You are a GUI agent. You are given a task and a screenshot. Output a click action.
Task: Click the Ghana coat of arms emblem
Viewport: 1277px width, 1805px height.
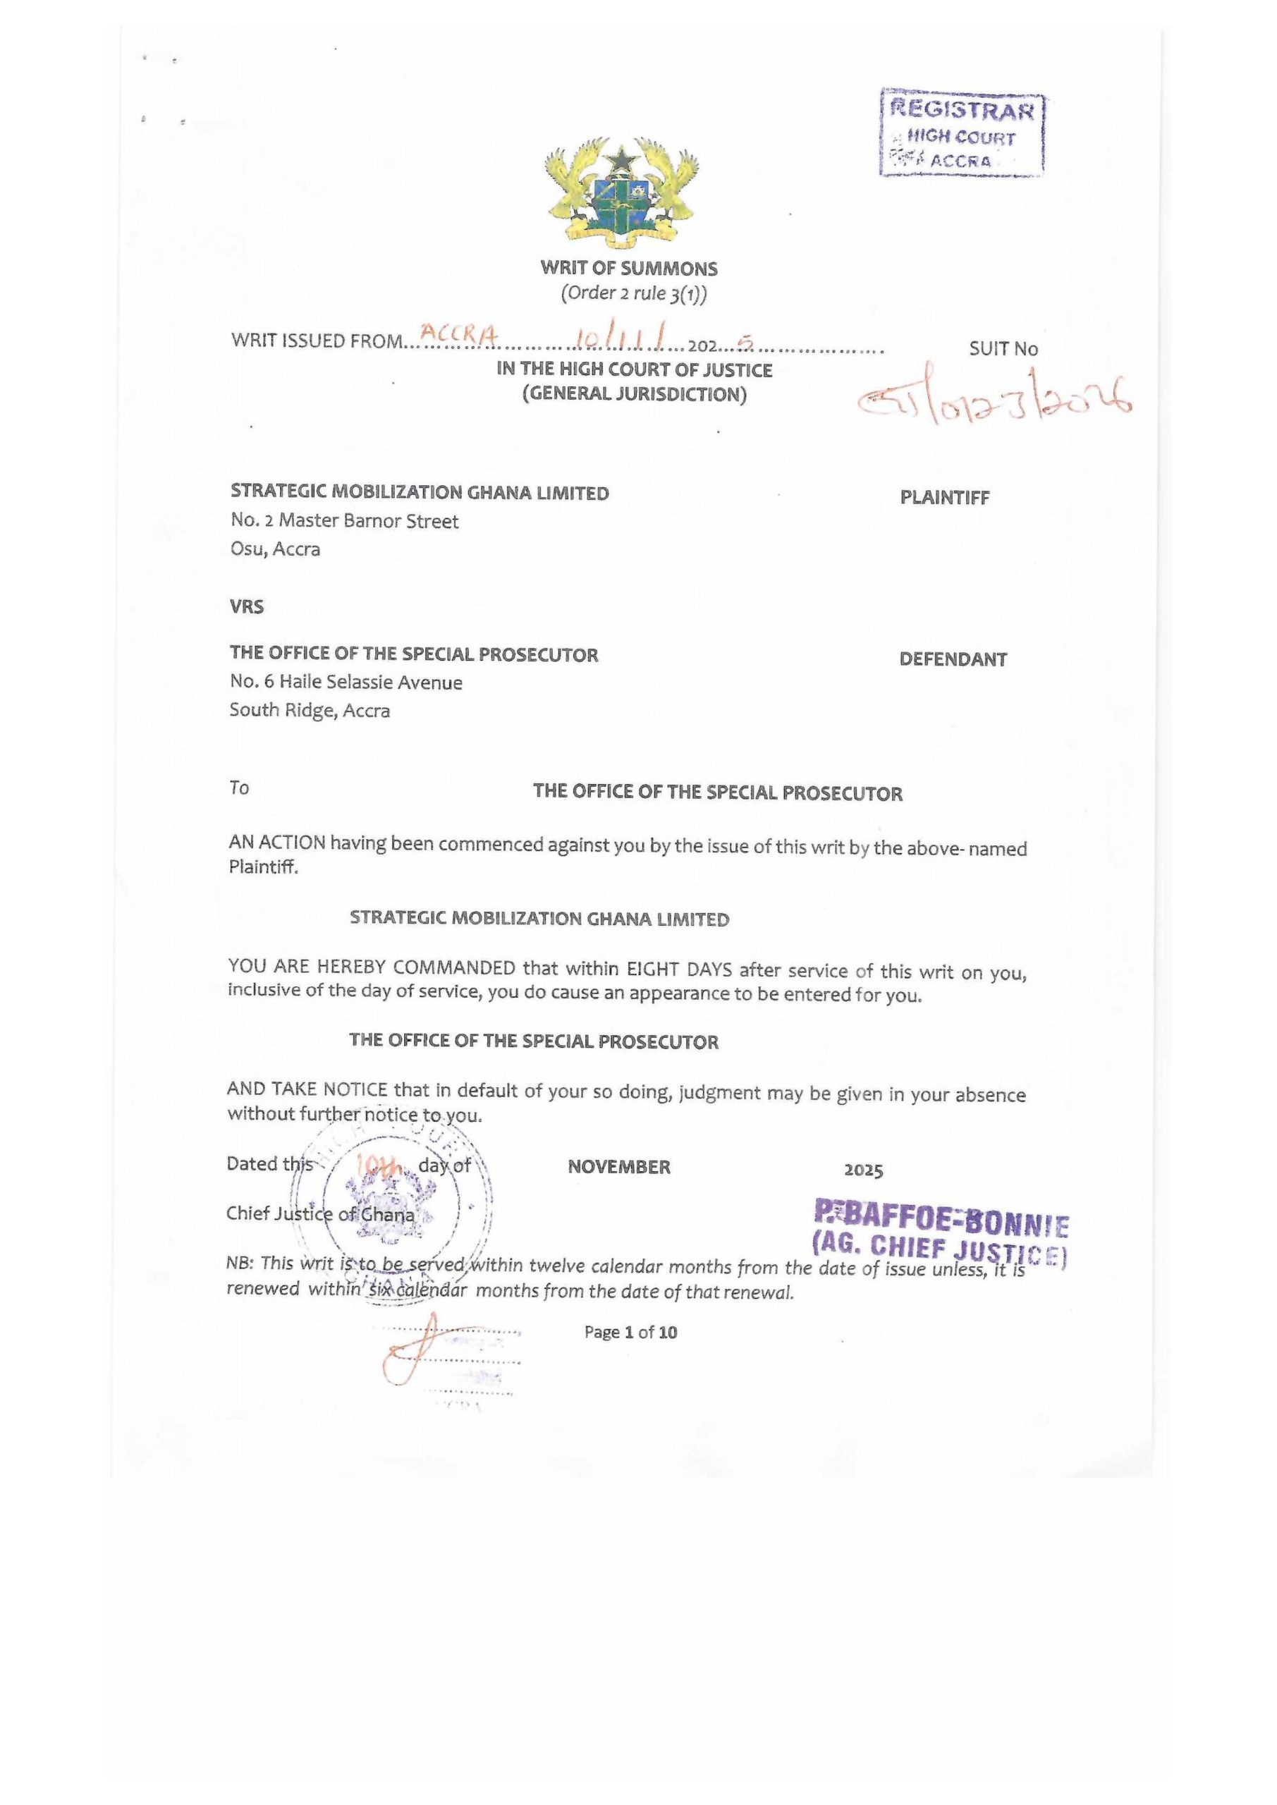pyautogui.click(x=622, y=191)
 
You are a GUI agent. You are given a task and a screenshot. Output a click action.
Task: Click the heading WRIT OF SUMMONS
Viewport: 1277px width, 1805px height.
pyautogui.click(x=629, y=269)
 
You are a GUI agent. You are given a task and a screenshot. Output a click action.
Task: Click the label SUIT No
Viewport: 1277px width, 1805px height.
pyautogui.click(x=1003, y=349)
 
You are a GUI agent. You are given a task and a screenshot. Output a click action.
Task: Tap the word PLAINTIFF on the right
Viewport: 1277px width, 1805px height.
pyautogui.click(x=944, y=498)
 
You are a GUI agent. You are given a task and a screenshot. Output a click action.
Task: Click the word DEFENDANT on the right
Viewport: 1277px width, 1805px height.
pyautogui.click(x=953, y=659)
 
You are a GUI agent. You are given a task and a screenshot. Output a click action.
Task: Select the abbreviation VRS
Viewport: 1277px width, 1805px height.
pyautogui.click(x=247, y=607)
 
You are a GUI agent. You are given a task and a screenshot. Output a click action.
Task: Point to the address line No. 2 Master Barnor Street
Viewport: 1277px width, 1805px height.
pyautogui.click(x=344, y=521)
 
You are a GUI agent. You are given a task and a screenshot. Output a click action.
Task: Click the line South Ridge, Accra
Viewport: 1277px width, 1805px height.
pyautogui.click(x=310, y=711)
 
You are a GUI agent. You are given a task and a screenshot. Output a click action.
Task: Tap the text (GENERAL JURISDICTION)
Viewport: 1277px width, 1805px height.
pyautogui.click(x=635, y=394)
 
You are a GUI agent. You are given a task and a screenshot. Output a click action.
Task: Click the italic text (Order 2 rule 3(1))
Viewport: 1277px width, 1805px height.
pyautogui.click(x=634, y=294)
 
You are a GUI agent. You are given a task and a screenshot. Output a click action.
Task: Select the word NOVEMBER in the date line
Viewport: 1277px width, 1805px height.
pyautogui.click(x=619, y=1168)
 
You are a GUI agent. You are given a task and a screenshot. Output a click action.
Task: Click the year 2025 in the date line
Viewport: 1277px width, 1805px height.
pyautogui.click(x=863, y=1170)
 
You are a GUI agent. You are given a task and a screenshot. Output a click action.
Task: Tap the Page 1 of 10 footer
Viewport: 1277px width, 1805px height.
pyautogui.click(x=630, y=1333)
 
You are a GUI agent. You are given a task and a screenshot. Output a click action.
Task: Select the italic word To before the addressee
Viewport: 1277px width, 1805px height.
pyautogui.click(x=239, y=788)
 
